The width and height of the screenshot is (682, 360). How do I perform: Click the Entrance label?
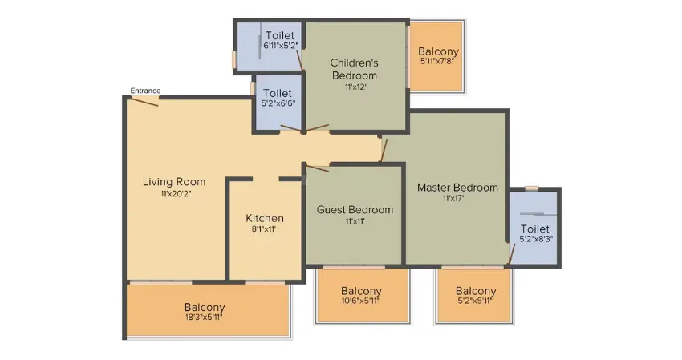point(145,91)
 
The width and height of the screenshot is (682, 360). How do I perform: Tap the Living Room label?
point(174,182)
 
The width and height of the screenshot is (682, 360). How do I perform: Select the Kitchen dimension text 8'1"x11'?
point(264,229)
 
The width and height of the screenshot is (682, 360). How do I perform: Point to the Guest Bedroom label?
point(355,209)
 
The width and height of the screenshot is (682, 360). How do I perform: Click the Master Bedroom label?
point(457,188)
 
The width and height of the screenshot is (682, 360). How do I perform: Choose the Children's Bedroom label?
point(355,69)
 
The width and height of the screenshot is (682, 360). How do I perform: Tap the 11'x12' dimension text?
point(355,87)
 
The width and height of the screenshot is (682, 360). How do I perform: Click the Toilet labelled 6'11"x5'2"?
point(280,35)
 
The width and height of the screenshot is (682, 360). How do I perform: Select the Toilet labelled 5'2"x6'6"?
point(278,93)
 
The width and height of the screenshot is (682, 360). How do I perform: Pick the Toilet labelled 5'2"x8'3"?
point(535,229)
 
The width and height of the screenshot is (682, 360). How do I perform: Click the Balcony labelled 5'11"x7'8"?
point(438,51)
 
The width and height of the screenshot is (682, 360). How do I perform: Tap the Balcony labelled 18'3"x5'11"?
point(205,307)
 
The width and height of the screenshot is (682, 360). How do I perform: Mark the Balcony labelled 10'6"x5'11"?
point(361,291)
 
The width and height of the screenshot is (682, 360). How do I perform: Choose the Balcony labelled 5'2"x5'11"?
point(476,291)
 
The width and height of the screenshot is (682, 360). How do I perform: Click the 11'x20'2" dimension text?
point(177,193)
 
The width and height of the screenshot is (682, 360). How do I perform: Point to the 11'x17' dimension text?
point(453,198)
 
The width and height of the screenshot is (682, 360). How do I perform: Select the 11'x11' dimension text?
point(355,220)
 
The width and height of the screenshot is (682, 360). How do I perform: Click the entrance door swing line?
point(145,102)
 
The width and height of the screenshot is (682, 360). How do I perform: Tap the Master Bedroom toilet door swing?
point(512,254)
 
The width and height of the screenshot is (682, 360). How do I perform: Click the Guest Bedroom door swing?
point(318,168)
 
